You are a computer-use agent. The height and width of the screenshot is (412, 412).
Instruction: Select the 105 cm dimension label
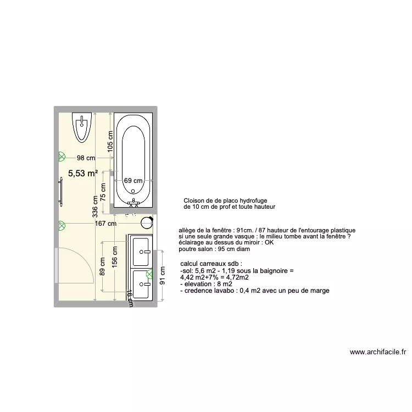[x=110, y=141]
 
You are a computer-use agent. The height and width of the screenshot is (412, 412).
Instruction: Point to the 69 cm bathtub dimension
[x=133, y=180]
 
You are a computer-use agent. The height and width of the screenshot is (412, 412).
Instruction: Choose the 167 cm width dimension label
[x=105, y=224]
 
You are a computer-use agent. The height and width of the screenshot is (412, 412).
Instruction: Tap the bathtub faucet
[x=133, y=203]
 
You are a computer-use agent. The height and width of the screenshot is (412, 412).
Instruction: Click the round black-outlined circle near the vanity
[x=147, y=222]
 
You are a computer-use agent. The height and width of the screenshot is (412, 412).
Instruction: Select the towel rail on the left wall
[x=61, y=192]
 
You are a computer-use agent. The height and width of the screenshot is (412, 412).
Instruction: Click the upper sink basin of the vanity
[x=142, y=251]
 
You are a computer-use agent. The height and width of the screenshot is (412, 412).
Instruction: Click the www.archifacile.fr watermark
[x=377, y=352]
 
